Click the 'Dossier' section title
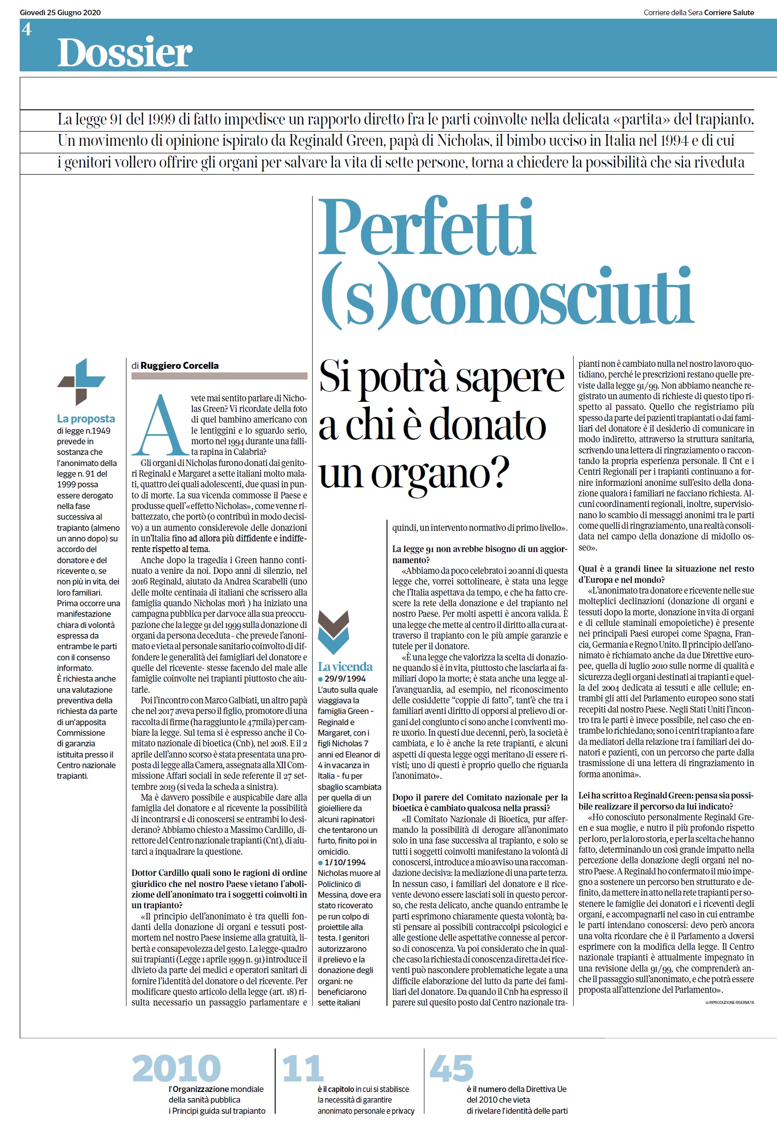tap(125, 52)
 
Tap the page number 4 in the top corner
tap(27, 29)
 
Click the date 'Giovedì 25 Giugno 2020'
tap(60, 13)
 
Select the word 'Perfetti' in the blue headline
tap(426, 228)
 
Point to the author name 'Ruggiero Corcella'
tap(180, 365)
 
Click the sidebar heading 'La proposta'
tap(86, 418)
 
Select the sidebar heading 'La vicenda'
tap(345, 666)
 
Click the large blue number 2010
tap(176, 1068)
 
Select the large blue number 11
tap(303, 1068)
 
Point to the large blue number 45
tap(451, 1068)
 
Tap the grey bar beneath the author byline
tap(219, 376)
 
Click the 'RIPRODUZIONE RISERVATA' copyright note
tap(729, 1002)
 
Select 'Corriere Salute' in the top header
tap(729, 13)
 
